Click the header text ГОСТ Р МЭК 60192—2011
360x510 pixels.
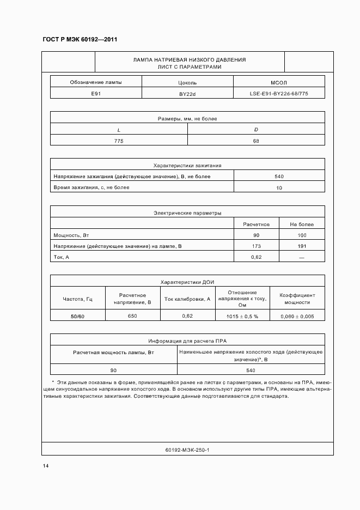click(x=80, y=40)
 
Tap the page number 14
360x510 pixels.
click(x=46, y=466)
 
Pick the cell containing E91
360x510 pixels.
click(x=96, y=94)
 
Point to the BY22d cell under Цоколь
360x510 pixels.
click(x=187, y=94)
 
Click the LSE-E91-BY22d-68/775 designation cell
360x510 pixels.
click(x=279, y=94)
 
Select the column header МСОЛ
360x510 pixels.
click(x=279, y=82)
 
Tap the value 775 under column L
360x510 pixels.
click(x=119, y=141)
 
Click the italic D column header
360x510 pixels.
click(x=256, y=129)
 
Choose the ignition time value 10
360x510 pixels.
click(x=279, y=187)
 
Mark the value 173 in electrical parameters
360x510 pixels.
click(x=256, y=246)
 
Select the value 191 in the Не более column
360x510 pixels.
click(x=301, y=246)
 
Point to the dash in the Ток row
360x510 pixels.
click(x=301, y=257)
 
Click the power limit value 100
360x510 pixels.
click(x=301, y=235)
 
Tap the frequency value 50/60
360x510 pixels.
click(x=77, y=317)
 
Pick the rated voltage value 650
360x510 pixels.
click(x=132, y=316)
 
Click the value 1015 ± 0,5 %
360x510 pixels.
click(x=242, y=317)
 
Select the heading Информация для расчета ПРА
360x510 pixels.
click(x=187, y=341)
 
